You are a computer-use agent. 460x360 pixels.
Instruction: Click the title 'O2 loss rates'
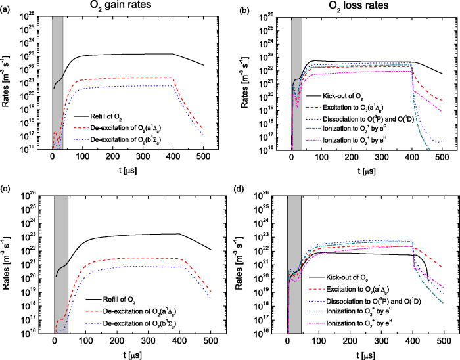361,7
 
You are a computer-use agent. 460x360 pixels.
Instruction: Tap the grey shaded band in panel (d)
294,263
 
